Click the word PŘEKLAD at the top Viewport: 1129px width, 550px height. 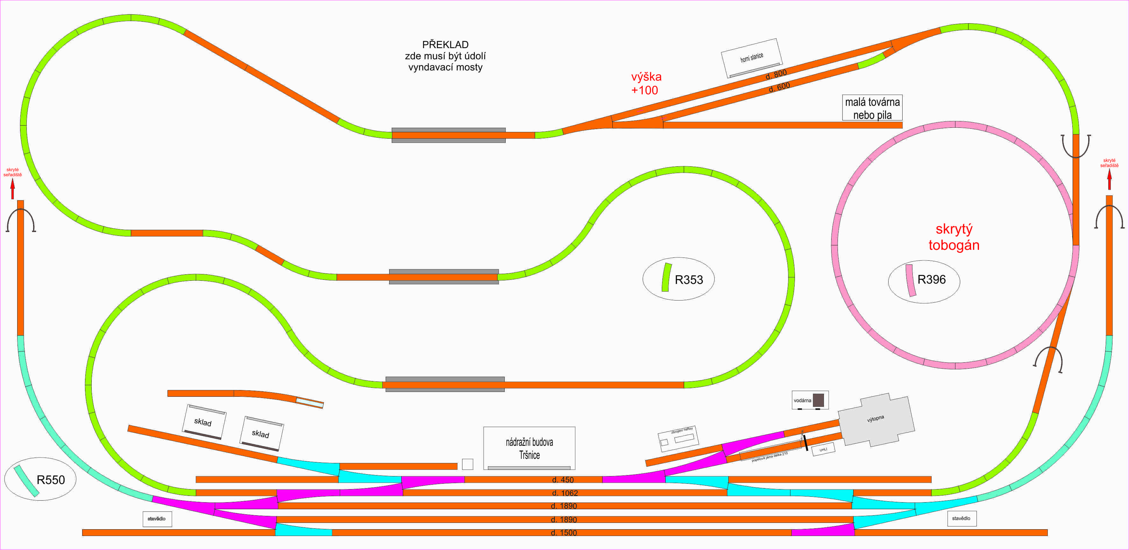pyautogui.click(x=445, y=45)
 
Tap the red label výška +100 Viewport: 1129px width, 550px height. pyautogui.click(x=646, y=83)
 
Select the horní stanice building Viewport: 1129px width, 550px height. pyautogui.click(x=751, y=57)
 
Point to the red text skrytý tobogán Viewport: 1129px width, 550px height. pyautogui.click(x=954, y=237)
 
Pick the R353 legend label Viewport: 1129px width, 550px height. pyautogui.click(x=689, y=280)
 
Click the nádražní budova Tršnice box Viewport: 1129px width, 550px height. pyautogui.click(x=529, y=448)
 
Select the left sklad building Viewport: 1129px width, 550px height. pyautogui.click(x=204, y=422)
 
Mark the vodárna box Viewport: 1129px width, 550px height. pyautogui.click(x=810, y=400)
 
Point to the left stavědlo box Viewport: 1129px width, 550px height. pyautogui.click(x=157, y=519)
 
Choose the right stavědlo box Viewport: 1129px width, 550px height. pyautogui.click(x=961, y=518)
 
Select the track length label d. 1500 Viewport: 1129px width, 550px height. pyautogui.click(x=564, y=533)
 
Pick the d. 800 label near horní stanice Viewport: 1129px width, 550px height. pyautogui.click(x=776, y=74)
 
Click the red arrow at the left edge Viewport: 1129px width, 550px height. pyautogui.click(x=13, y=189)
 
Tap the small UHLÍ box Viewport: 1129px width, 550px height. pyautogui.click(x=823, y=449)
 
